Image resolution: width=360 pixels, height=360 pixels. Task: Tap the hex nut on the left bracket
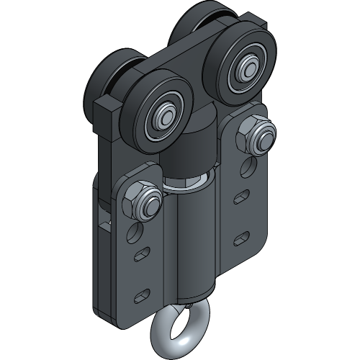pyautogui.click(x=143, y=199)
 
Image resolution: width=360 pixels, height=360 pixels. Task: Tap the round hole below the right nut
pyautogui.click(x=248, y=168)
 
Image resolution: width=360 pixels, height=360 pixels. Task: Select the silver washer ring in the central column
pyautogui.click(x=189, y=184)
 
